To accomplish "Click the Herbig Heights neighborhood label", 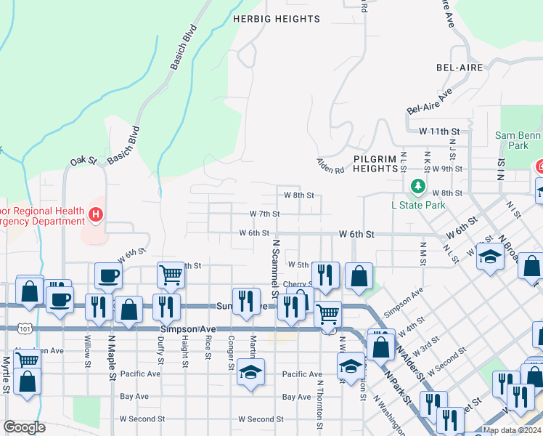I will pyautogui.click(x=277, y=19).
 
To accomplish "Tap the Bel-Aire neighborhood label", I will pyautogui.click(x=456, y=67).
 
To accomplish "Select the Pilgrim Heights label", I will pyautogui.click(x=377, y=163).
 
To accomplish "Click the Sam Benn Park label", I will pyautogui.click(x=518, y=140).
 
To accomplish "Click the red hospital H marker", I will pyautogui.click(x=95, y=214).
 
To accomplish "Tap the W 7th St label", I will pyautogui.click(x=264, y=214).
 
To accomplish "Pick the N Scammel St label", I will pyautogui.click(x=276, y=269).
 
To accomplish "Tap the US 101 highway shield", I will pyautogui.click(x=26, y=329).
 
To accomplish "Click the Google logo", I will pyautogui.click(x=24, y=428).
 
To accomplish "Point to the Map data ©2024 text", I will pyautogui.click(x=513, y=430).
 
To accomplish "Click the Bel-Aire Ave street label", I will pyautogui.click(x=430, y=102).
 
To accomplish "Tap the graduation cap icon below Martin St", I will pyautogui.click(x=250, y=372).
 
